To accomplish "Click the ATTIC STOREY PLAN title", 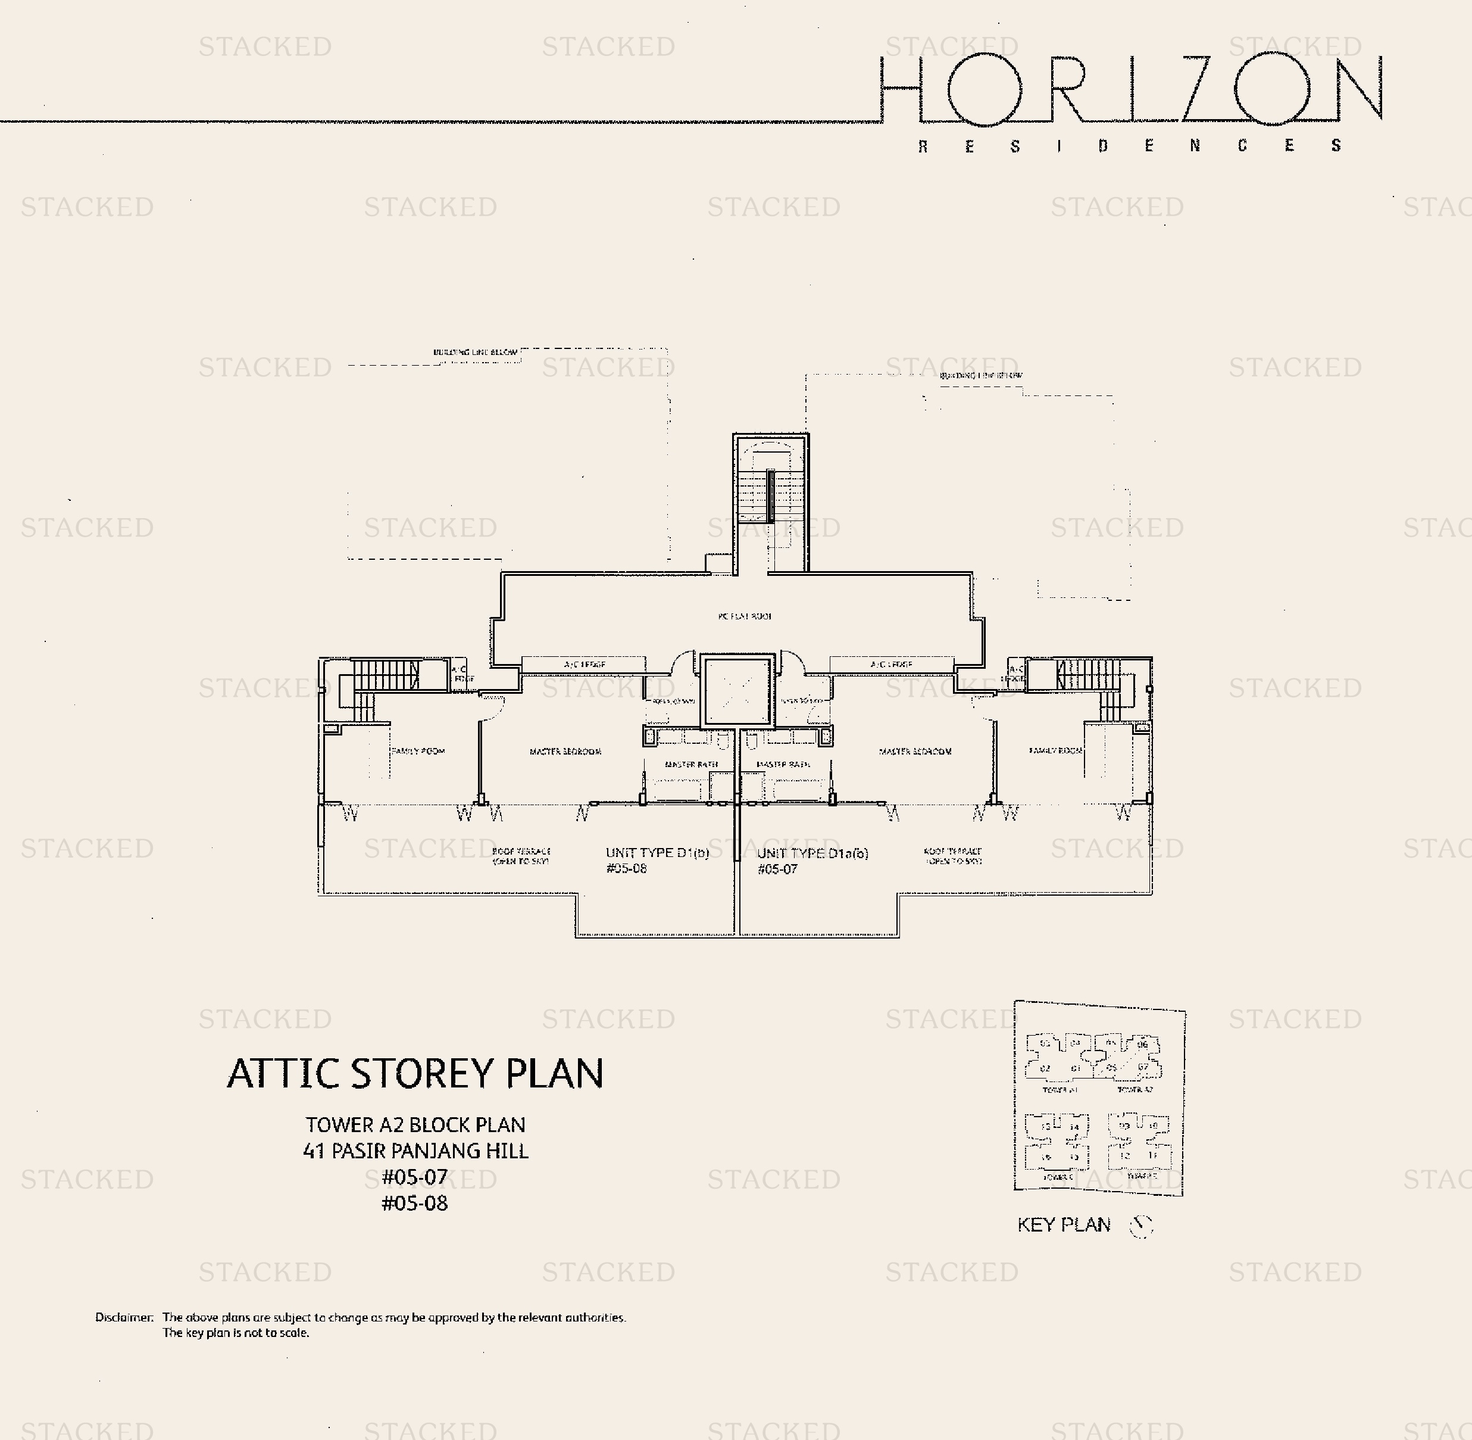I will click(x=415, y=1073).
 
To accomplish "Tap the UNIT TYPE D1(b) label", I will click(x=657, y=853).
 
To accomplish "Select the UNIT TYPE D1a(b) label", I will click(x=812, y=854).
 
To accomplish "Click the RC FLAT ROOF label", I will click(x=745, y=616).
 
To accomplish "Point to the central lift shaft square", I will click(x=737, y=691).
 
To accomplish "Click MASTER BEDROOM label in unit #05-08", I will click(x=565, y=752).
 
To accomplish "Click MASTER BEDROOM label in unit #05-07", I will click(x=915, y=752).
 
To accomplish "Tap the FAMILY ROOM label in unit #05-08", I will click(x=418, y=751).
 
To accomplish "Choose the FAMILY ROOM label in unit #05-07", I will click(x=1055, y=750).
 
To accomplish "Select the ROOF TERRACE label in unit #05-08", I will click(x=521, y=856).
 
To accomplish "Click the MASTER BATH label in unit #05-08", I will click(x=691, y=765).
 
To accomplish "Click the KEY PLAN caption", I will click(x=1064, y=1225).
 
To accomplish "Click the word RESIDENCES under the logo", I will click(x=1130, y=146).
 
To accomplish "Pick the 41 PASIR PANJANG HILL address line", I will click(x=415, y=1151).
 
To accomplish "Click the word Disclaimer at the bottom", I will click(x=124, y=1317).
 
